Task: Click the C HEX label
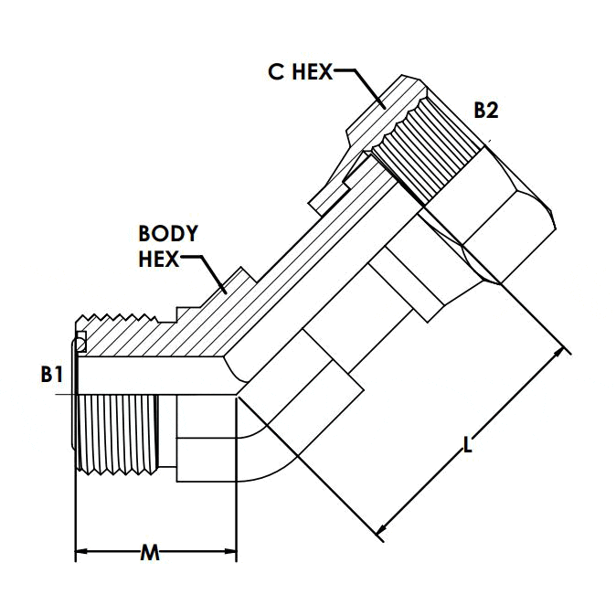click(x=300, y=72)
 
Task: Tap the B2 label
click(x=485, y=111)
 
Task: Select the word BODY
click(x=167, y=233)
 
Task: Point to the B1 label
click(x=51, y=374)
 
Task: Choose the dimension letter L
click(x=468, y=445)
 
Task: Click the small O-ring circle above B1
click(x=80, y=343)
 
